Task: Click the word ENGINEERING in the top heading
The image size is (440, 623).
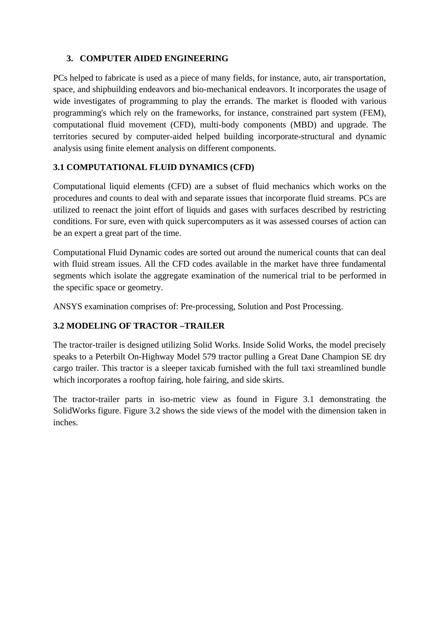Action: click(x=200, y=59)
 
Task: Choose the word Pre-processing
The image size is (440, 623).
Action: click(x=207, y=307)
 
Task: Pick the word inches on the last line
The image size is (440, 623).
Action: click(x=65, y=423)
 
